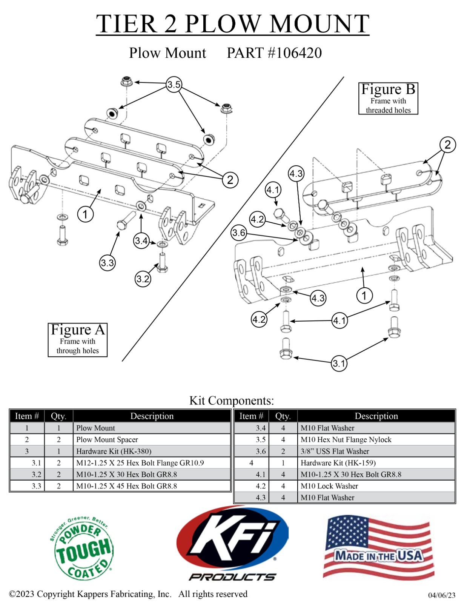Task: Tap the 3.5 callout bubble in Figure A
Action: point(174,84)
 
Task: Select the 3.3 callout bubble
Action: point(108,263)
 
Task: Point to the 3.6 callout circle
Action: point(239,233)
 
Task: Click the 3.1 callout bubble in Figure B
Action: point(339,364)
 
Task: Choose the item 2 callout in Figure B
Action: point(447,145)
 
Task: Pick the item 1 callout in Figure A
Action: point(85,214)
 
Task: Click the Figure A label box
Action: point(78,339)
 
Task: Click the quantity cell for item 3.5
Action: point(283,439)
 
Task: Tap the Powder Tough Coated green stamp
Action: point(82,548)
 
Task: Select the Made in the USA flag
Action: point(378,548)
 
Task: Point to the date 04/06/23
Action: point(441,595)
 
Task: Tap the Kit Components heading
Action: point(232,400)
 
